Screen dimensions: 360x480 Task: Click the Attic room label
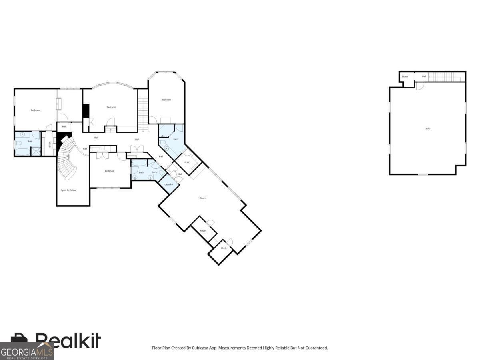tap(428, 128)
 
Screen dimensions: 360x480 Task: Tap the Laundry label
tap(168, 184)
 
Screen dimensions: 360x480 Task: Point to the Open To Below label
tap(68, 190)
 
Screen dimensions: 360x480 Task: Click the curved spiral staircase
tap(67, 158)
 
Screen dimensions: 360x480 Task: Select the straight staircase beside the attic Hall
tap(442, 77)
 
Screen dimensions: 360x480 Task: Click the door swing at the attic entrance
tap(420, 86)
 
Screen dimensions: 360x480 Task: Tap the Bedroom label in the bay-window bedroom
tap(111, 107)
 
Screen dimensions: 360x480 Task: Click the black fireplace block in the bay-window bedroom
tap(86, 111)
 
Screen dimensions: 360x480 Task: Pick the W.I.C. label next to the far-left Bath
tap(50, 144)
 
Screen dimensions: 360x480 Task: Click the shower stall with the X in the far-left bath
tap(36, 151)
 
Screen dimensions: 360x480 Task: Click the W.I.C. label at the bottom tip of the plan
tap(224, 248)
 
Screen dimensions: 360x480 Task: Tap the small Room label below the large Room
tap(203, 231)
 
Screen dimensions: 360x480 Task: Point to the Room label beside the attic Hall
tap(405, 76)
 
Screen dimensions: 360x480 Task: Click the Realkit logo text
tap(68, 341)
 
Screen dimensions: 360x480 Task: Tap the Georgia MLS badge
tap(26, 351)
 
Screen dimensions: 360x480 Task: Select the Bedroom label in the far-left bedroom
tap(36, 110)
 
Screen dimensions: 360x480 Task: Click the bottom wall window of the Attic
tap(423, 174)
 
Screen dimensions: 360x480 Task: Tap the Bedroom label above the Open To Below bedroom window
tap(110, 171)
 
